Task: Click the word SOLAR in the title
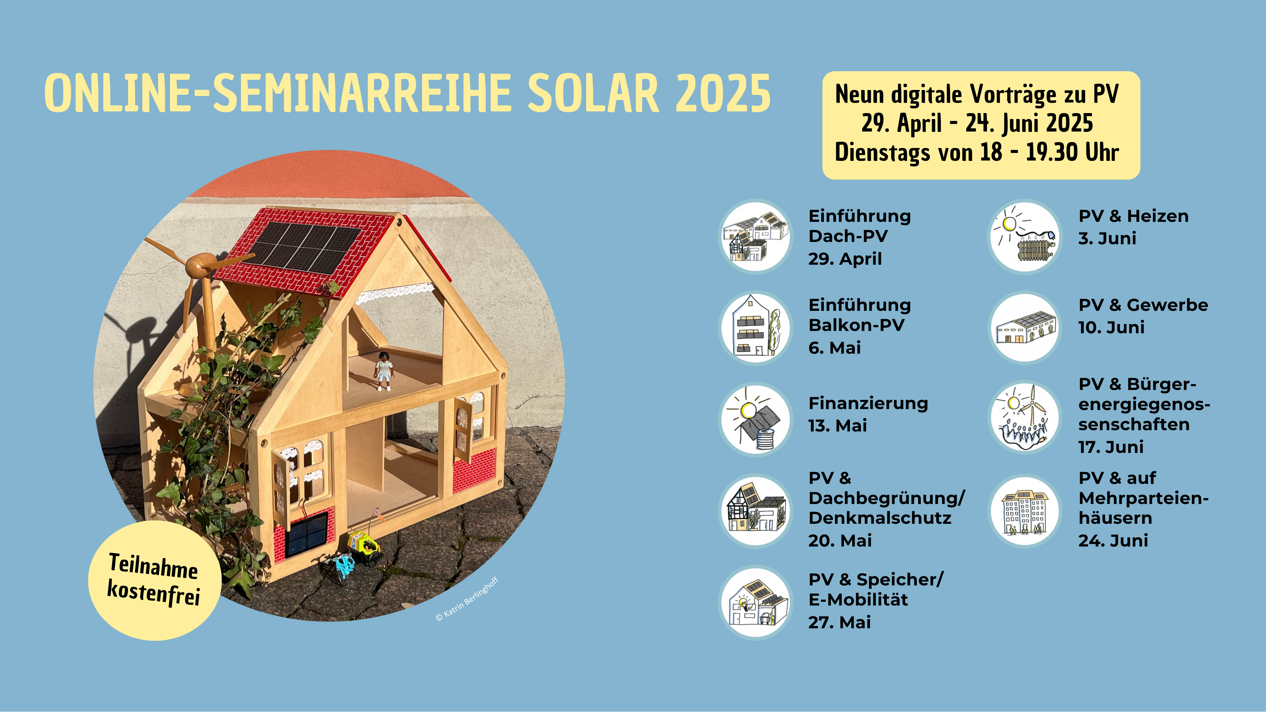tap(593, 93)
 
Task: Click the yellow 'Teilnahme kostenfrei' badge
tap(154, 580)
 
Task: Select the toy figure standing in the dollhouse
tap(384, 370)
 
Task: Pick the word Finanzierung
tap(868, 403)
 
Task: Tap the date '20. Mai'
tap(840, 541)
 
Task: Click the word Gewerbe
tap(1167, 305)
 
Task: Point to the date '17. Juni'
tap(1111, 447)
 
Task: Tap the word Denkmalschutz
tap(880, 519)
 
